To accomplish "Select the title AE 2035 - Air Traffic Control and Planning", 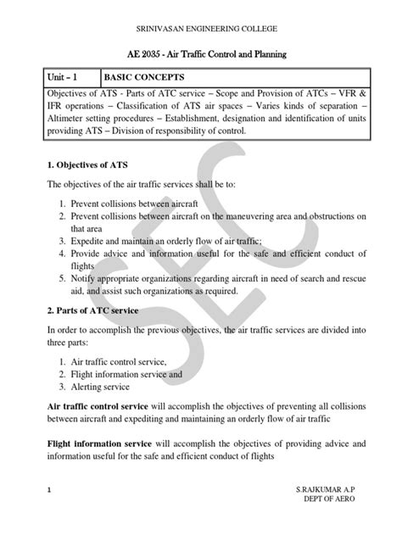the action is pyautogui.click(x=201, y=54).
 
